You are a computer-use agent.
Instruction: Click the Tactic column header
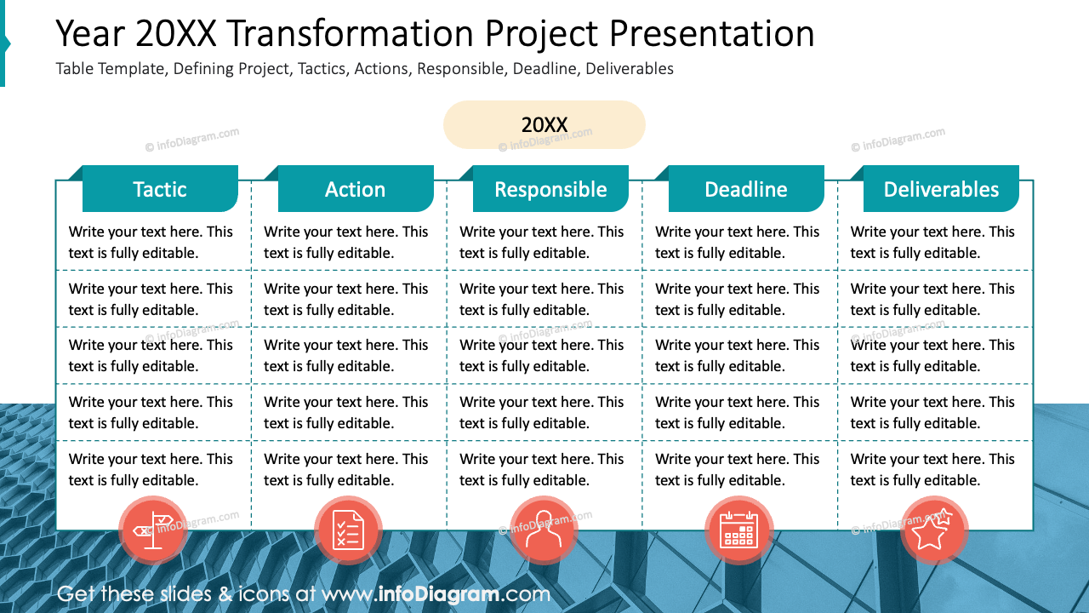pos(160,189)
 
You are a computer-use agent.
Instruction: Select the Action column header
pos(356,189)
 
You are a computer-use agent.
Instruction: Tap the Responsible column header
pos(550,189)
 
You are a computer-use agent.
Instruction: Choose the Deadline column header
pos(746,189)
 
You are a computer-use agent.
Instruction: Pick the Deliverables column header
pos(941,189)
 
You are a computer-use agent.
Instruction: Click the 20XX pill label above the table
pos(544,125)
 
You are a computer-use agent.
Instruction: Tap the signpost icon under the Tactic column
pos(153,530)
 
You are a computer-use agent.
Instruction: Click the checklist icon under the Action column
pos(348,530)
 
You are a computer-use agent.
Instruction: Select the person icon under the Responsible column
pos(544,530)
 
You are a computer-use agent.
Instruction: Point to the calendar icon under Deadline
pos(738,530)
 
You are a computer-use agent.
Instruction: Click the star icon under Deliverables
pos(934,530)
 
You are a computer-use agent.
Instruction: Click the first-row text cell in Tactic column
pos(151,242)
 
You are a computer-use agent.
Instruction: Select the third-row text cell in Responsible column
pos(542,355)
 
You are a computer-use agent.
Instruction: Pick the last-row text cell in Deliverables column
pos(932,469)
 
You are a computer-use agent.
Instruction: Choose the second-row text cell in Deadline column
pos(738,299)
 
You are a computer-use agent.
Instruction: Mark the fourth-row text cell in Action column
pos(346,412)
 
